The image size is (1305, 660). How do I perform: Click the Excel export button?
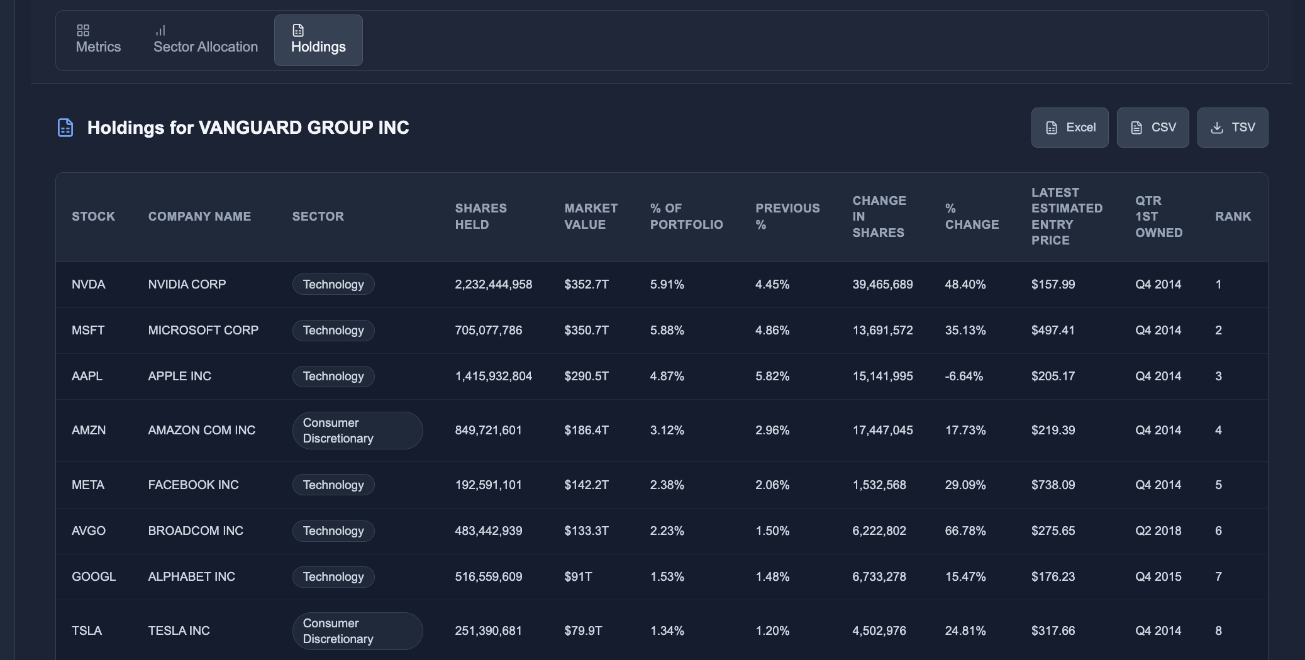(x=1069, y=128)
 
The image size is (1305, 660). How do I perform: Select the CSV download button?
(x=1152, y=128)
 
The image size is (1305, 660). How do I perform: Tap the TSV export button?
(x=1232, y=128)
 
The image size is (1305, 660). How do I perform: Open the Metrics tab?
(x=98, y=40)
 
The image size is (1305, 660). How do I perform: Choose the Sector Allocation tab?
(x=206, y=40)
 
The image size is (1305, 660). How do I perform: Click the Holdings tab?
(x=318, y=40)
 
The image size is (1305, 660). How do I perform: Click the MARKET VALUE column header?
(x=591, y=216)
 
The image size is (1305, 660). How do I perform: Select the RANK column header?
(x=1233, y=216)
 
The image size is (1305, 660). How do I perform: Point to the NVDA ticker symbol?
(x=89, y=284)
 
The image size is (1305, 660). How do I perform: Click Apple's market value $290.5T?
(x=586, y=376)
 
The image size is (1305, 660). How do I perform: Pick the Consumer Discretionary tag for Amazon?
(x=357, y=431)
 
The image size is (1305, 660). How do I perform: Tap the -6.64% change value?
(x=963, y=376)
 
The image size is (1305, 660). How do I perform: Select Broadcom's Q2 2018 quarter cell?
(x=1158, y=531)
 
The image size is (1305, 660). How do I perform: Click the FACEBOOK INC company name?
(x=193, y=485)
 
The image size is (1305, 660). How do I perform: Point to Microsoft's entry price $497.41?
(x=1053, y=330)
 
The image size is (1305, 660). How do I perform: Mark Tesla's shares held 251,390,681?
(x=488, y=630)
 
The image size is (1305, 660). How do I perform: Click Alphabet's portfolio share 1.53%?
(x=667, y=576)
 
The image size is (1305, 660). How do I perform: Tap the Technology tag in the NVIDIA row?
(x=333, y=284)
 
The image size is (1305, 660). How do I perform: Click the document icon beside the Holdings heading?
(x=65, y=128)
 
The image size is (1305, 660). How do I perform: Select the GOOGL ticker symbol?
(x=94, y=576)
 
